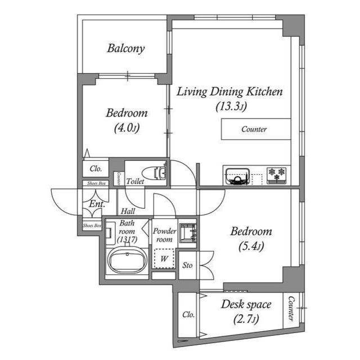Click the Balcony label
pos(126,48)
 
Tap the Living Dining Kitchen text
pos(229,92)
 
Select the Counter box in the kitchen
pos(254,129)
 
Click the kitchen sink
pos(237,176)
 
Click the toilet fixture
pos(154,173)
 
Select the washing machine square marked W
pos(164,259)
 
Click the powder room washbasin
pos(186,232)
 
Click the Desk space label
pos(246,305)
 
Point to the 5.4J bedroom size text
pos(251,246)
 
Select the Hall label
pos(128,211)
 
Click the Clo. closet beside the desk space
pos(188,314)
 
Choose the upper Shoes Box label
pos(93,183)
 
